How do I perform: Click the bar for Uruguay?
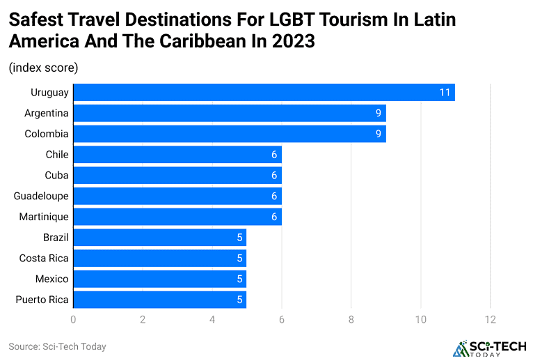(264, 92)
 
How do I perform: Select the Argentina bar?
(229, 113)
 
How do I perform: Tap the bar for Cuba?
(177, 175)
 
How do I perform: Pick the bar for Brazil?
(159, 238)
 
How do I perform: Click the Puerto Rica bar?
(159, 300)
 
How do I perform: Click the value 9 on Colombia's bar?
(379, 134)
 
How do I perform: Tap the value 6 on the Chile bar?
(274, 155)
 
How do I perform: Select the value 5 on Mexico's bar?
(239, 279)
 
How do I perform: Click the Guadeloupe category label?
(41, 196)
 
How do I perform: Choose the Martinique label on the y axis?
(44, 217)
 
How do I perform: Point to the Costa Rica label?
(44, 259)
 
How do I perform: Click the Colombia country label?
(47, 134)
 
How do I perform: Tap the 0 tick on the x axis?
(73, 319)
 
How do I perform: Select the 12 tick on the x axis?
(490, 319)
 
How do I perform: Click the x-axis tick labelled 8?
(351, 319)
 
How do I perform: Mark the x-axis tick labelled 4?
(212, 319)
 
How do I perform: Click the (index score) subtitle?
(43, 68)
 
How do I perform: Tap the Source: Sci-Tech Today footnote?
(57, 346)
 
